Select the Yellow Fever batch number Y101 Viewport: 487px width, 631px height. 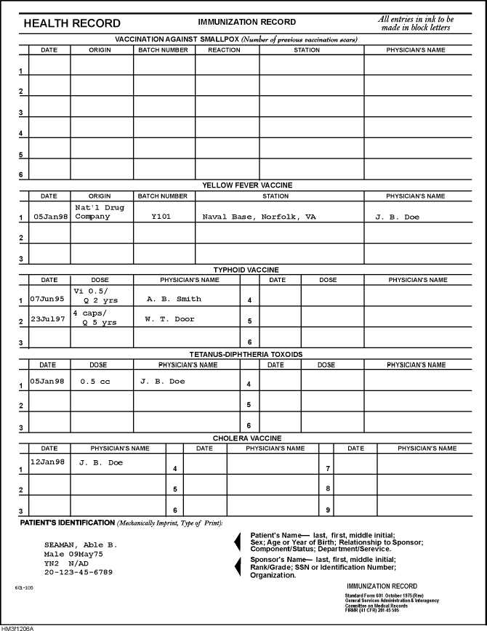point(161,217)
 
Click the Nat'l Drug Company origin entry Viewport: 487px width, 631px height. point(100,212)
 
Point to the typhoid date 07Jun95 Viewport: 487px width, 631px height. point(47,299)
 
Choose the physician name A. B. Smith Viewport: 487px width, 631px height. point(174,299)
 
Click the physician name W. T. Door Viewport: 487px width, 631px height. point(170,318)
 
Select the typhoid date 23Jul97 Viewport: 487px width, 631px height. point(47,318)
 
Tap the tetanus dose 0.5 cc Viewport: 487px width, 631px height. point(94,381)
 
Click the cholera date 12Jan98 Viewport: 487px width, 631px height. point(47,462)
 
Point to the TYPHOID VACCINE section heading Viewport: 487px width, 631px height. point(246,270)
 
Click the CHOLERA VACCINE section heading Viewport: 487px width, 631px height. point(247,438)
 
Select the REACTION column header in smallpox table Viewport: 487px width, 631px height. point(224,50)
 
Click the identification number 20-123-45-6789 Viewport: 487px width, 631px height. point(79,572)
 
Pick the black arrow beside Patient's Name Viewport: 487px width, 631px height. point(236,542)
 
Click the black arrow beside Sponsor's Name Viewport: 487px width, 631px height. point(236,566)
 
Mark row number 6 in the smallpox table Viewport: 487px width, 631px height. point(21,175)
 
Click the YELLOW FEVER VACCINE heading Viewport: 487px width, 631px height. point(247,185)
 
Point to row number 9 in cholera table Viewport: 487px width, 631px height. point(329,510)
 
